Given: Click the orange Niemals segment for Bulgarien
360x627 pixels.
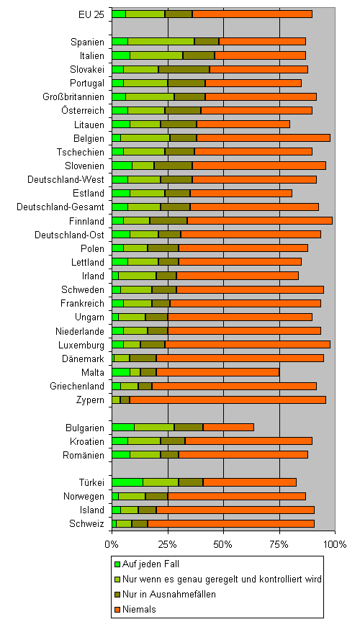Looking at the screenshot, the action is tap(229, 428).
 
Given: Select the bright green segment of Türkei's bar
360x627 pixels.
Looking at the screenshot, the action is tap(127, 482).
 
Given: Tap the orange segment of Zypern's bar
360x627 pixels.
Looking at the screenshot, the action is tap(228, 400).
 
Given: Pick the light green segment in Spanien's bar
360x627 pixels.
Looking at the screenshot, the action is tap(161, 42).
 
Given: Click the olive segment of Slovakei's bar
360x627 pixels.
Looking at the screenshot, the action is tap(184, 69).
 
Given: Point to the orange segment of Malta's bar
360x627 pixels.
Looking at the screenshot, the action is tap(217, 372).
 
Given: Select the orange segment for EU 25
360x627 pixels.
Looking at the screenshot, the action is tap(253, 14).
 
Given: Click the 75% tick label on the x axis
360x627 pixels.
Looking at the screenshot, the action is tap(279, 544).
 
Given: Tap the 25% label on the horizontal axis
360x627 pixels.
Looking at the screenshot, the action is tap(168, 544).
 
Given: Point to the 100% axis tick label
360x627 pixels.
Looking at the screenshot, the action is tap(335, 544).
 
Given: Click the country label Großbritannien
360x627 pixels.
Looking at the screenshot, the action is tap(73, 96).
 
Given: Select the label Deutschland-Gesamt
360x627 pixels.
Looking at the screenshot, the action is tap(60, 207).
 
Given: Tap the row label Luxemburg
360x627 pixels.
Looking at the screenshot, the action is tap(81, 345).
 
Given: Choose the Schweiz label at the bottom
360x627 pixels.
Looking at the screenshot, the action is tap(87, 523).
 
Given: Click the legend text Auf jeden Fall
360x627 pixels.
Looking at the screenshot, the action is tap(150, 564).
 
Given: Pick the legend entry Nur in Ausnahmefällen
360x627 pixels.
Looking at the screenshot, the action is tap(165, 594).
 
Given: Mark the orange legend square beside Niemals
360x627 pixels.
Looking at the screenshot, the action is tap(117, 610).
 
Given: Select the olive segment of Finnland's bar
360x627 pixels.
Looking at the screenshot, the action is tap(168, 220).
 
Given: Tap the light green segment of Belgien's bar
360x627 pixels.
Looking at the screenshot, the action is tap(145, 138).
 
